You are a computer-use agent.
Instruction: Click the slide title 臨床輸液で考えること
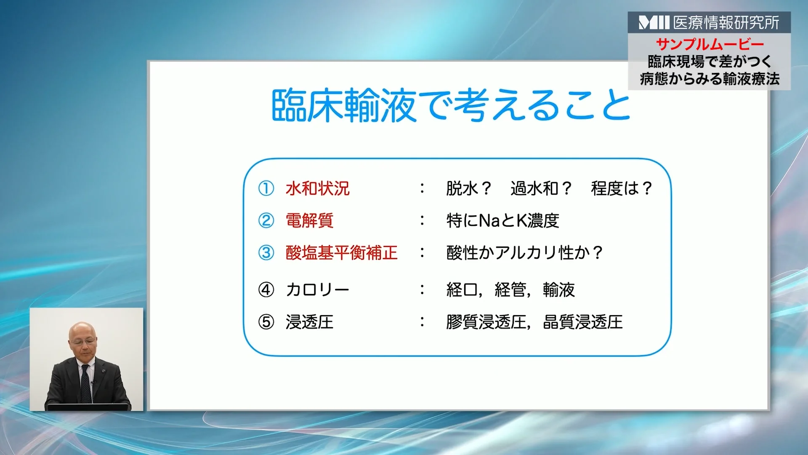click(x=450, y=105)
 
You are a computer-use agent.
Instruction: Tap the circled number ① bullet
click(x=266, y=188)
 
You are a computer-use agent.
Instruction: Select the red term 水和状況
click(x=317, y=188)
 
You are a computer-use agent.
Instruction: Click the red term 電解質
click(x=309, y=220)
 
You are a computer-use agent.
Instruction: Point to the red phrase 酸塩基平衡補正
click(x=341, y=253)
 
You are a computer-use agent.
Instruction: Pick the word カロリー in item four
click(x=317, y=290)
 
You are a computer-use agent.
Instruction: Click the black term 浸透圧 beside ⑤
click(x=309, y=322)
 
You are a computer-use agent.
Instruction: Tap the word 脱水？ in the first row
click(x=468, y=188)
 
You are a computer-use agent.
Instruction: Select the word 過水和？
click(x=541, y=188)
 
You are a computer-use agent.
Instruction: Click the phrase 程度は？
click(x=621, y=188)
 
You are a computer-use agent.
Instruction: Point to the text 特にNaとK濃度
click(x=502, y=220)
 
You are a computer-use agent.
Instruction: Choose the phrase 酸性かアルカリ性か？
click(x=524, y=253)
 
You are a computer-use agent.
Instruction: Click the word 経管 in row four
click(x=510, y=290)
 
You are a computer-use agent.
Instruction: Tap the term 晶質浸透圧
click(x=583, y=322)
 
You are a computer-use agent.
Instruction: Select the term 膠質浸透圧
click(x=486, y=322)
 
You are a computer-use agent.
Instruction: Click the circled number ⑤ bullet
click(x=266, y=322)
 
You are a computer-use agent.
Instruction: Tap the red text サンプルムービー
click(x=710, y=44)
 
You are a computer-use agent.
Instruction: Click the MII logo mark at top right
click(x=654, y=22)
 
